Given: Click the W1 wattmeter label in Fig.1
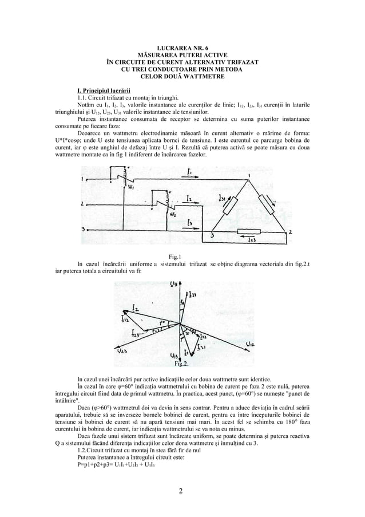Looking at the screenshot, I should coord(131,187).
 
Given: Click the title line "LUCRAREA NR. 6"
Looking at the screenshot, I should coord(182,49).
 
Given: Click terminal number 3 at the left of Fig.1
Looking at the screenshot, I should coord(84,229).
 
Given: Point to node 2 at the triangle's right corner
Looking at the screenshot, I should coord(290,232).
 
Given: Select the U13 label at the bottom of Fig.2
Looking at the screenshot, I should coord(174,355).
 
